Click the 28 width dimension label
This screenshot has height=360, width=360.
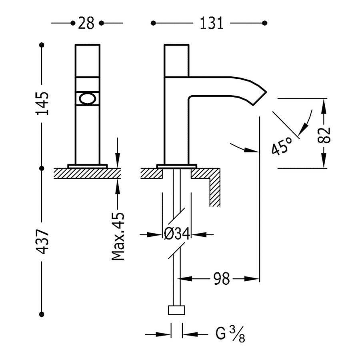pos(86,24)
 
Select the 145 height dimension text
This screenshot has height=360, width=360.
pos(42,104)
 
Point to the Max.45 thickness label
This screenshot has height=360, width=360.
pos(118,236)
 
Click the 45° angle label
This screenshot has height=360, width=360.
pos(281,146)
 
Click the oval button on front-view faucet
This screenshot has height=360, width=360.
pos(87,99)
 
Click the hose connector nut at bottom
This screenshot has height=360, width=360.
pos(177,311)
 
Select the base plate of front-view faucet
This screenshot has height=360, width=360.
pos(88,166)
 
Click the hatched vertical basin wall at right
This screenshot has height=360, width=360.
pos(215,188)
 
